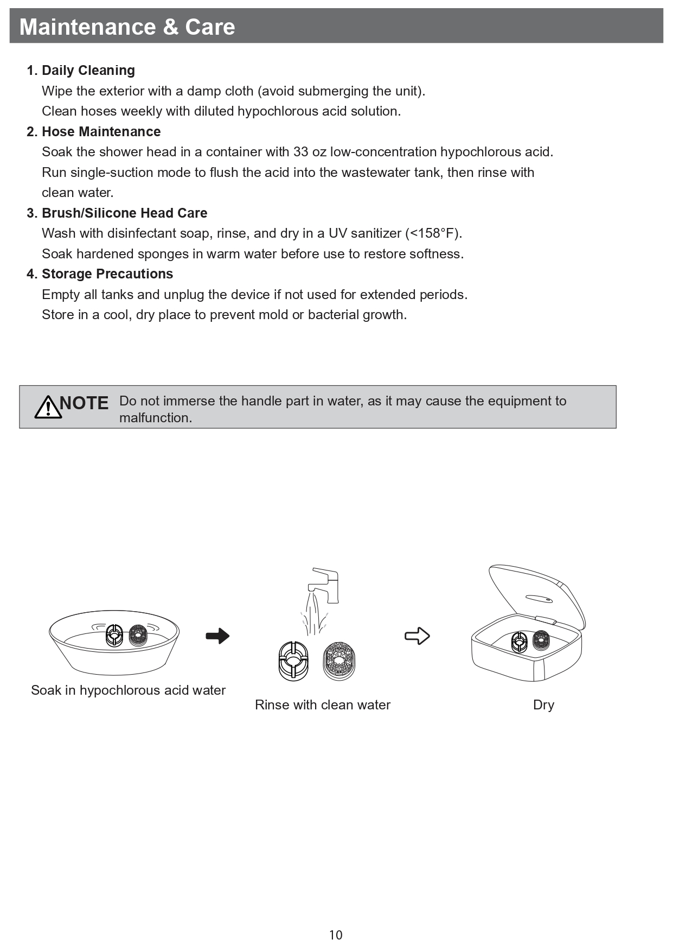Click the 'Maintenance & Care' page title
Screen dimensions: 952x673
click(127, 27)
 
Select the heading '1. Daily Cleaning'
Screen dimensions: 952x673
click(81, 70)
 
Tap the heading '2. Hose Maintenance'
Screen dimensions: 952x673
click(94, 131)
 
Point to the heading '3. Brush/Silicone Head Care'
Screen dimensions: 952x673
click(117, 213)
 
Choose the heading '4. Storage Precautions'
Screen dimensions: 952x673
click(100, 274)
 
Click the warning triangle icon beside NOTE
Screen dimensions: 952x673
click(48, 407)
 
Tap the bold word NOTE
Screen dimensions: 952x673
click(84, 403)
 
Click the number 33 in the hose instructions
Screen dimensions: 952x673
click(301, 152)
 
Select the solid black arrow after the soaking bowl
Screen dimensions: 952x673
click(217, 636)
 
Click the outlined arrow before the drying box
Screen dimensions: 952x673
click(417, 636)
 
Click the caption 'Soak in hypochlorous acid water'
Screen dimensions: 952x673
click(128, 690)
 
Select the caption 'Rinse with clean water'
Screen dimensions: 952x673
click(323, 705)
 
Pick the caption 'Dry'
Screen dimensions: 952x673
click(543, 705)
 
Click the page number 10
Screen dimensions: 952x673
click(336, 935)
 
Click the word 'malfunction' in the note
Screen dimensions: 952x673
click(154, 418)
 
